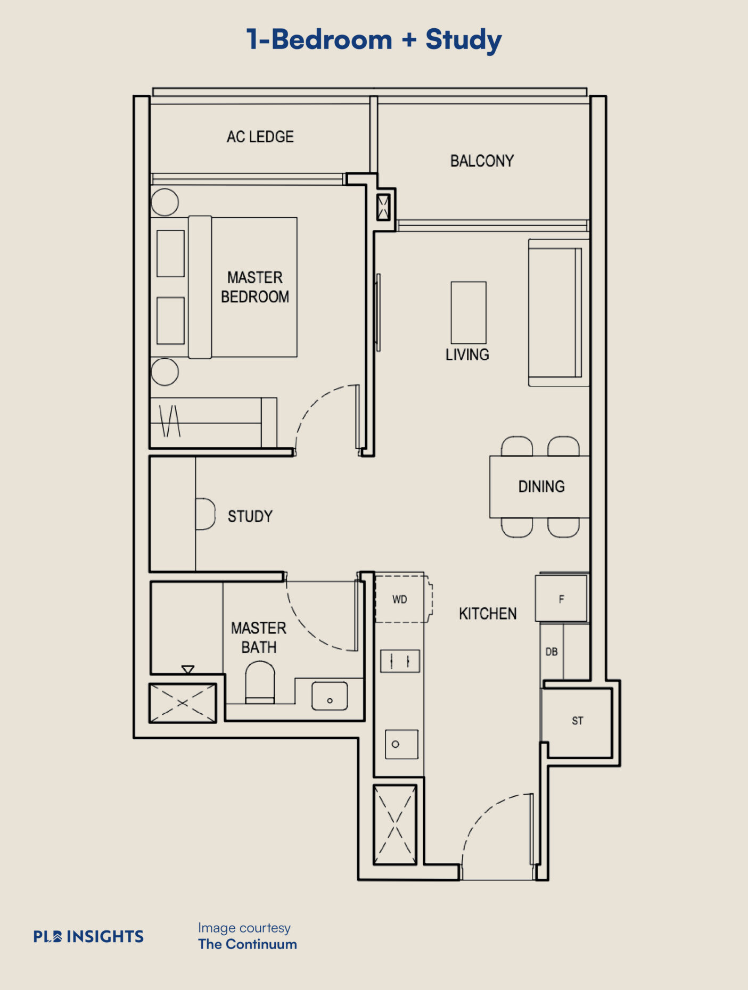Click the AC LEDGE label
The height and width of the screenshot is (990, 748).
tap(260, 137)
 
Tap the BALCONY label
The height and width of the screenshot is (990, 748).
tap(482, 161)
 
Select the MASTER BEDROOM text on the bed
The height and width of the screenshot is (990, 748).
tap(255, 287)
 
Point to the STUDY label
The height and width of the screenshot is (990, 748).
tap(250, 516)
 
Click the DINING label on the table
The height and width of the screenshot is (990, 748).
tap(541, 486)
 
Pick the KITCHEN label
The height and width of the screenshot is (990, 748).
tap(488, 614)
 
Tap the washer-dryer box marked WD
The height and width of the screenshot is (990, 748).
tap(402, 598)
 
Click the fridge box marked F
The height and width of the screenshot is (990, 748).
tap(562, 598)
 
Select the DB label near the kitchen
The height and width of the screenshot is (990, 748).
tap(552, 652)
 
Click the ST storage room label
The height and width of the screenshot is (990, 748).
tap(578, 721)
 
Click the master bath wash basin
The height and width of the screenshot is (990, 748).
tap(330, 696)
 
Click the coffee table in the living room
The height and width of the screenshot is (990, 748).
tap(468, 312)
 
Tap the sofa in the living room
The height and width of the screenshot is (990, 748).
tap(558, 312)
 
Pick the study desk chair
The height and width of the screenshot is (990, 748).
tap(206, 514)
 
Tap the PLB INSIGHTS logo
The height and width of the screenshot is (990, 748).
tap(88, 936)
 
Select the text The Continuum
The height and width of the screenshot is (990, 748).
tap(248, 944)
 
